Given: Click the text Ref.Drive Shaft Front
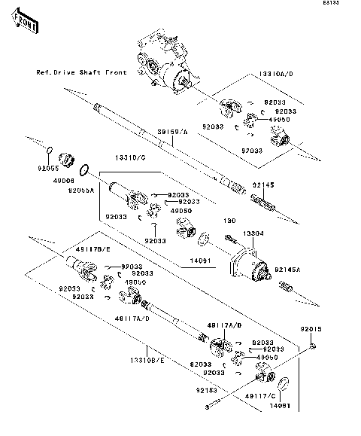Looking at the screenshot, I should (x=82, y=72).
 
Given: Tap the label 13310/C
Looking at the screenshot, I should (x=130, y=159).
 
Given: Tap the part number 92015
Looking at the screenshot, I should (x=311, y=329).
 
